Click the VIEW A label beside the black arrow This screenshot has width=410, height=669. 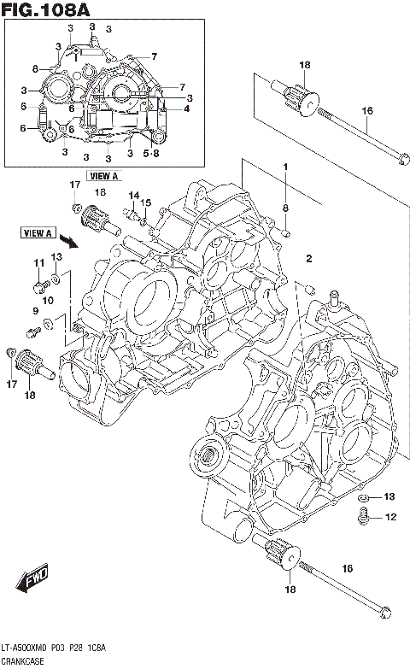pyautogui.click(x=38, y=232)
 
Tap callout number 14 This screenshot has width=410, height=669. pyautogui.click(x=132, y=196)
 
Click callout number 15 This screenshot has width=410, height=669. pyautogui.click(x=145, y=202)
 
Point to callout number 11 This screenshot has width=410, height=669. pyautogui.click(x=38, y=262)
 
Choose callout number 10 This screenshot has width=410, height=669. pyautogui.click(x=48, y=300)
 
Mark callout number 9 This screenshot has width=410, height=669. pyautogui.click(x=35, y=310)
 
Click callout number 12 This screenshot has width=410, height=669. pyautogui.click(x=390, y=517)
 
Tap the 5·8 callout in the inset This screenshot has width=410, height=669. pyautogui.click(x=151, y=154)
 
